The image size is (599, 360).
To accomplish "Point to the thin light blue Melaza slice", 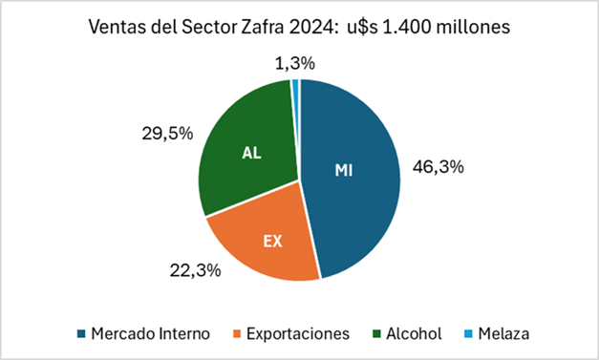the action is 295,85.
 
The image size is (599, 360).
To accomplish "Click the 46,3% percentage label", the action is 439,167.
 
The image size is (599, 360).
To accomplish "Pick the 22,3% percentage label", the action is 195,270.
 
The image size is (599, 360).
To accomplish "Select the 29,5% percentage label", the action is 167,134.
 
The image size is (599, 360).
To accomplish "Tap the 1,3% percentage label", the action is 295,63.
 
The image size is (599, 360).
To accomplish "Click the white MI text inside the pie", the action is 344,171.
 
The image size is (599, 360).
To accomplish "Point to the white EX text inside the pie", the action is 273,242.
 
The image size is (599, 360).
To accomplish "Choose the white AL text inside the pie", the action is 251,153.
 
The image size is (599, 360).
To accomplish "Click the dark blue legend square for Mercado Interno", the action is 81,334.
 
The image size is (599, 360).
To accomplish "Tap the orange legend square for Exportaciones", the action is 237,334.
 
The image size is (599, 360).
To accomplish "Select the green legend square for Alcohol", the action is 376,334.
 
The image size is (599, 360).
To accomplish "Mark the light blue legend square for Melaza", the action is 468,334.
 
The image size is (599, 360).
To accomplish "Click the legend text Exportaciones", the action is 298,334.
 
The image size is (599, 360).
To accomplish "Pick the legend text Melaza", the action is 503,334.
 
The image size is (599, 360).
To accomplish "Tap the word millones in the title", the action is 473,27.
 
